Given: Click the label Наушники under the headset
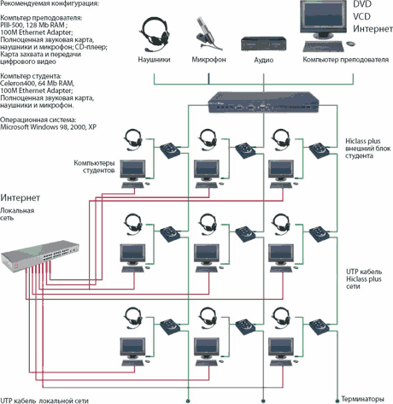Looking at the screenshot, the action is [154, 60].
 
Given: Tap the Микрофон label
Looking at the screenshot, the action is [208, 60].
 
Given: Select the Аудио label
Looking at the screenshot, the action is [264, 60].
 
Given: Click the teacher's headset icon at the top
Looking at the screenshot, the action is [155, 34].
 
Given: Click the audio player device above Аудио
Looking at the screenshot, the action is [264, 44].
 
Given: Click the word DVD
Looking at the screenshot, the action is [362, 4].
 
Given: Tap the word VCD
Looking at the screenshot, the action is [361, 16].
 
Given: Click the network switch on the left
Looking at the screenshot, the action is [40, 256].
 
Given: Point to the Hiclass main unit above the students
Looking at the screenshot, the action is [263, 102].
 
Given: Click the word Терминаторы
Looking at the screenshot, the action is [362, 399].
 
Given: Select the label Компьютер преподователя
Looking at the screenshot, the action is [345, 60].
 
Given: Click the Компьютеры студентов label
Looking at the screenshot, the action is [94, 167].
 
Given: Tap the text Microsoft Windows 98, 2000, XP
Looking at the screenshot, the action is [48, 127].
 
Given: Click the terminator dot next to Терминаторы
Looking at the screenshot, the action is [337, 400].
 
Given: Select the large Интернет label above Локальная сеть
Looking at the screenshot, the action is [20, 197].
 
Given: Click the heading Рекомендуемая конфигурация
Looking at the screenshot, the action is [49, 3].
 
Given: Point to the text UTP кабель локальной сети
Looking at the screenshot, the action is [44, 401].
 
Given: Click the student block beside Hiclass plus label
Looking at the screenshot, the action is [319, 150].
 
